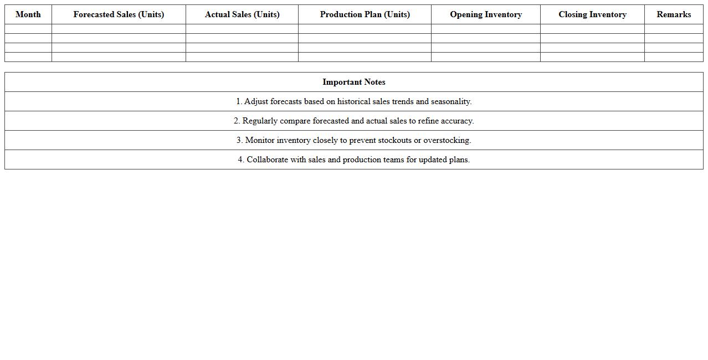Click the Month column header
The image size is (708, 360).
coord(28,14)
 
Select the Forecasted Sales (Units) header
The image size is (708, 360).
coord(119,14)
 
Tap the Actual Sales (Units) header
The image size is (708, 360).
coord(242,14)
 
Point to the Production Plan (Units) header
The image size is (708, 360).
coord(365,14)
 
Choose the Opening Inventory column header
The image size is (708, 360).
coord(486,14)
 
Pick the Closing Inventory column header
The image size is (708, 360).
coord(592,14)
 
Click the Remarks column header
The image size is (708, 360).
coord(674,14)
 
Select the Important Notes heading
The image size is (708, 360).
coord(354,82)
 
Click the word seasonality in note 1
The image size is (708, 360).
coord(450,101)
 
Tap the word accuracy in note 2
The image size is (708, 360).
coord(457,121)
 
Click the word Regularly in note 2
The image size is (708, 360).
coord(260,121)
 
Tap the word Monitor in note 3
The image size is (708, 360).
coord(260,140)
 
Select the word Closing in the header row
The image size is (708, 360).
coord(573,14)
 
